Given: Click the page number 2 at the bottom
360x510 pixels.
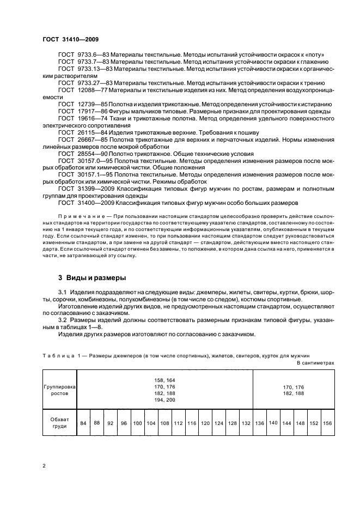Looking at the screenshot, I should coord(44,466).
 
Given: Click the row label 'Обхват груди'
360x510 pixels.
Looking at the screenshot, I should coord(59,423).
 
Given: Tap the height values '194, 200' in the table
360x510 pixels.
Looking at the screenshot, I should coord(164,400).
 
